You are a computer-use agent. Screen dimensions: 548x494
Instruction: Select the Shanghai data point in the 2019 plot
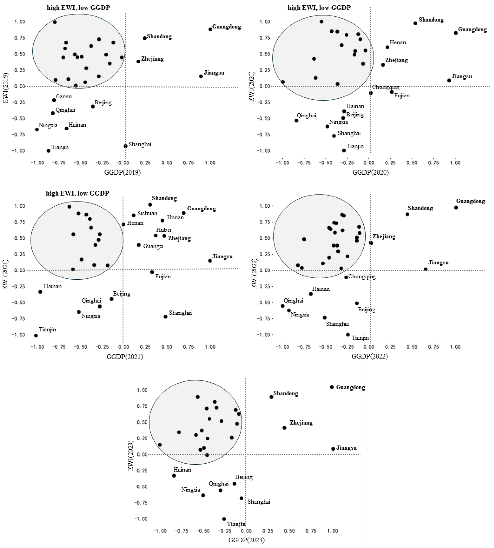(125, 146)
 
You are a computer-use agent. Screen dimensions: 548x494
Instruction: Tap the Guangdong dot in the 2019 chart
(210, 29)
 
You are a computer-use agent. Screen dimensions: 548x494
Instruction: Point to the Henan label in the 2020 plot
(398, 43)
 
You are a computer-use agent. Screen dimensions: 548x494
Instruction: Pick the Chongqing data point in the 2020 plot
(371, 93)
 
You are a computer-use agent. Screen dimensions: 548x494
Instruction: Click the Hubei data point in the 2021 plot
(156, 235)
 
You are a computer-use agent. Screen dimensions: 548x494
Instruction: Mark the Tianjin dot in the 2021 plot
(36, 336)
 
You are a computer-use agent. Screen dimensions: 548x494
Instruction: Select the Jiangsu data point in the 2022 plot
(426, 269)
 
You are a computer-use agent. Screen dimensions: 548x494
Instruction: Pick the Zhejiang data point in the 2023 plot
(284, 428)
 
